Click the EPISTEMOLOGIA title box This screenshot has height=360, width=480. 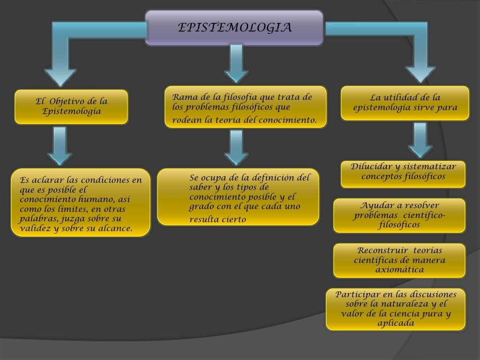click(x=234, y=28)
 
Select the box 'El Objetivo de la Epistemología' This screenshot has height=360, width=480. click(x=71, y=107)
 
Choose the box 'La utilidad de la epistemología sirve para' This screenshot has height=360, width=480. click(x=405, y=103)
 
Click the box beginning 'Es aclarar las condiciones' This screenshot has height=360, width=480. click(x=81, y=202)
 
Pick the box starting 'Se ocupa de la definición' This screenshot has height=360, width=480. click(x=238, y=197)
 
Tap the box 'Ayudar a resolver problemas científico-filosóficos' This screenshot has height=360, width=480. click(x=399, y=216)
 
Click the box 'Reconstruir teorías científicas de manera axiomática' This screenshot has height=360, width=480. click(x=399, y=260)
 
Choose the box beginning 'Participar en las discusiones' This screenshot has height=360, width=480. click(x=396, y=309)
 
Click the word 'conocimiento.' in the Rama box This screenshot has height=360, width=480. click(x=292, y=120)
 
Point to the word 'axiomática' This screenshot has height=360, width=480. click(x=399, y=270)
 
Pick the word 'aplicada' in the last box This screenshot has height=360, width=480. click(x=396, y=323)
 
